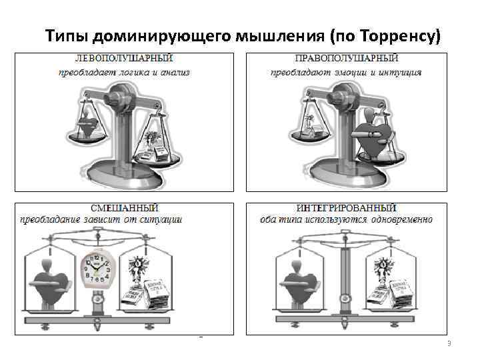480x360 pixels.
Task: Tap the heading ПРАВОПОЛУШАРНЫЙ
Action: coord(346,59)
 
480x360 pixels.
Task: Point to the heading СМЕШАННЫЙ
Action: coord(125,209)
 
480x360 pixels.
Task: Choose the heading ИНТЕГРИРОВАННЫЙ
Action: coord(346,209)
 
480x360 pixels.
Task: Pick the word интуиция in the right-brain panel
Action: coord(397,72)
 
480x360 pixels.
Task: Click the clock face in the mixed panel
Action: coord(95,270)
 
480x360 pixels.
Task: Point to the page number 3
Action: coord(449,343)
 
